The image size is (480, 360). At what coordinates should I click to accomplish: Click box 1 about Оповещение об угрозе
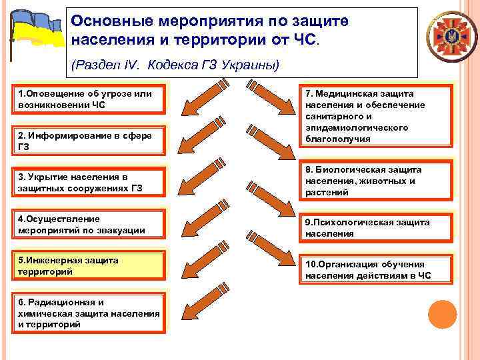tap(91, 99)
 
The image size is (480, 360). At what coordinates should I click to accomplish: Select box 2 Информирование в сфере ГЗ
tap(91, 141)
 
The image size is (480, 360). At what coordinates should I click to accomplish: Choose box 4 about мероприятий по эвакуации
tap(91, 225)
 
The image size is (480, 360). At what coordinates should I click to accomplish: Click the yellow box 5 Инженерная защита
tap(91, 266)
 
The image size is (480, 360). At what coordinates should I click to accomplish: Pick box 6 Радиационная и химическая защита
tap(91, 313)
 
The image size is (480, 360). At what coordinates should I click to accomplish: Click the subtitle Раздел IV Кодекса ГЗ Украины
tap(175, 65)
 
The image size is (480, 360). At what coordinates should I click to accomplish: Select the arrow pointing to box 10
tap(269, 260)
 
